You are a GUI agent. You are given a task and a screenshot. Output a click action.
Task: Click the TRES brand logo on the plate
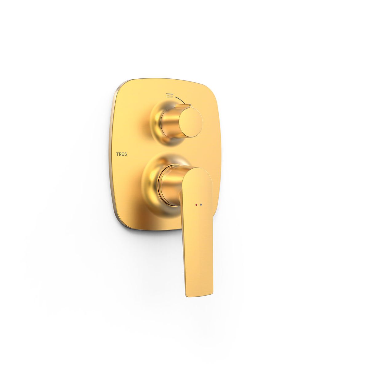click(x=121, y=154)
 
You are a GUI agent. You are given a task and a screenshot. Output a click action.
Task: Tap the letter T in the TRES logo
click(x=117, y=154)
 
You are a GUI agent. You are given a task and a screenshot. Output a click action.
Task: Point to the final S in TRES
click(x=125, y=154)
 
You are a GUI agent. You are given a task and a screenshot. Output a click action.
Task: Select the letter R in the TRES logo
click(x=120, y=154)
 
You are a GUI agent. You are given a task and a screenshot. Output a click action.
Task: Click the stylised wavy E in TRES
click(x=123, y=154)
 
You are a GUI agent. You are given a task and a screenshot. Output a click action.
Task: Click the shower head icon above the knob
click(x=170, y=96)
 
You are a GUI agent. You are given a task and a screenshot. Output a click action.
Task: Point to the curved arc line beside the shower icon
click(x=180, y=100)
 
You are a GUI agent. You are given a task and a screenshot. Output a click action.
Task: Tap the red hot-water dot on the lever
click(x=196, y=205)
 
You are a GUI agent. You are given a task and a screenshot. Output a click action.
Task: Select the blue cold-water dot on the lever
click(x=201, y=205)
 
